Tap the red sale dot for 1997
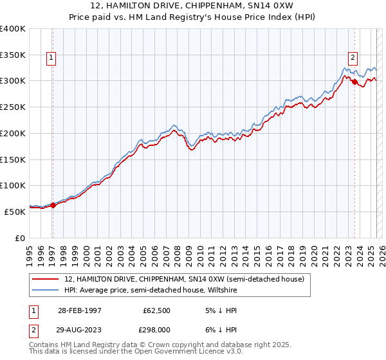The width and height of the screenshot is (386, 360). [53, 205]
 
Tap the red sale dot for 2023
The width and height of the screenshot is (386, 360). [354, 82]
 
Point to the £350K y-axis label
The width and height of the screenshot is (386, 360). [12, 55]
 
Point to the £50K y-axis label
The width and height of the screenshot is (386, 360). [15, 212]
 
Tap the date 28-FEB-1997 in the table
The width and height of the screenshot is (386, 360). [79, 310]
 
